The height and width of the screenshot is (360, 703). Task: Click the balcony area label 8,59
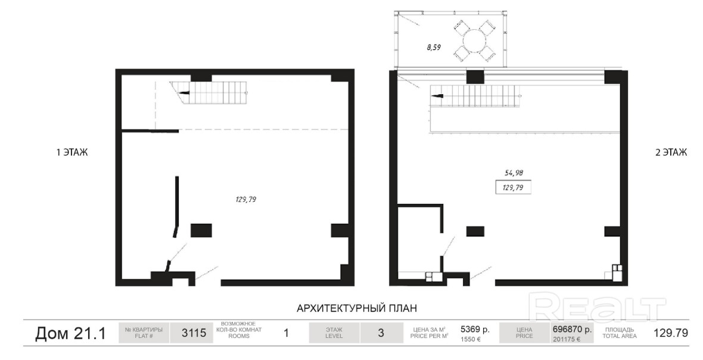point(434,46)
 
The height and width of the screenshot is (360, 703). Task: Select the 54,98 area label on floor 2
point(513,172)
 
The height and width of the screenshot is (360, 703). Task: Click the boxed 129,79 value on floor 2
point(513,187)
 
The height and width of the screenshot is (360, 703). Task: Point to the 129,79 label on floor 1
point(245,200)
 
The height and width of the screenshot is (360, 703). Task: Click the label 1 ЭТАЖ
point(72,153)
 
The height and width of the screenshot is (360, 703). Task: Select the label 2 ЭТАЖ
point(671,153)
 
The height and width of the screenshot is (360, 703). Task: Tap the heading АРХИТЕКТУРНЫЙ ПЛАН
point(356,308)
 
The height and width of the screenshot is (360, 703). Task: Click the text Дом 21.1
point(70,334)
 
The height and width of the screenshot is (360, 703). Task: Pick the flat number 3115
point(194,333)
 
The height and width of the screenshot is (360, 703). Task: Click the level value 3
point(381,333)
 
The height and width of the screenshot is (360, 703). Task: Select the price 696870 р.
point(572,328)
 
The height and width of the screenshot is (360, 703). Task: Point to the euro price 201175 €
point(566,339)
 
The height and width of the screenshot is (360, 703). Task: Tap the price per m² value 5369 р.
point(475,328)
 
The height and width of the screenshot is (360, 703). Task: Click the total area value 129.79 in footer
point(671,333)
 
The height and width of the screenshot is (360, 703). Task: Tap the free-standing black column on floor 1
point(201,230)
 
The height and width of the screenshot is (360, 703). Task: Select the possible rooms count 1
point(286,333)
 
